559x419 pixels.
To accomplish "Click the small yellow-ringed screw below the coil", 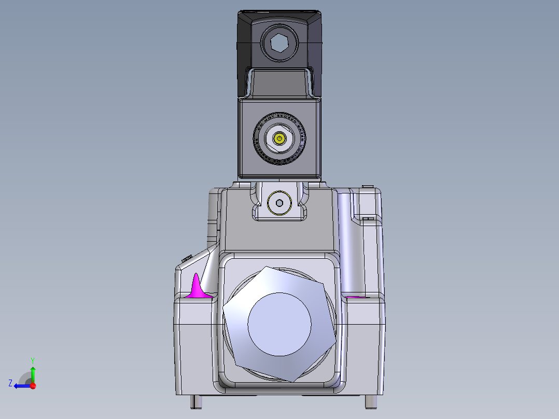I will (279, 203).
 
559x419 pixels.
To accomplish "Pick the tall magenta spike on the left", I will (197, 287).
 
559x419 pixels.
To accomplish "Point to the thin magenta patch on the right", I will (354, 297).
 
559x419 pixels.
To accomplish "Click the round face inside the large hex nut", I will (279, 324).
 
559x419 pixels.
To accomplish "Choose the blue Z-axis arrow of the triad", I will (21, 386).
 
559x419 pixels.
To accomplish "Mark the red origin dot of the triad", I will (33, 386).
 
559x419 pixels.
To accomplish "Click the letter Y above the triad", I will (32, 360).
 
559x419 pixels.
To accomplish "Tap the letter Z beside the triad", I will (10, 383).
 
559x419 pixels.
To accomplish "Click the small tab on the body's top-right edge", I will (369, 187).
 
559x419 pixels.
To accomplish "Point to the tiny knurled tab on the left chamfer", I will (187, 258).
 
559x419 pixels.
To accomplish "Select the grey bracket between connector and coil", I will (280, 83).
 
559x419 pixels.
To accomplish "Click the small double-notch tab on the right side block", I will (368, 219).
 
